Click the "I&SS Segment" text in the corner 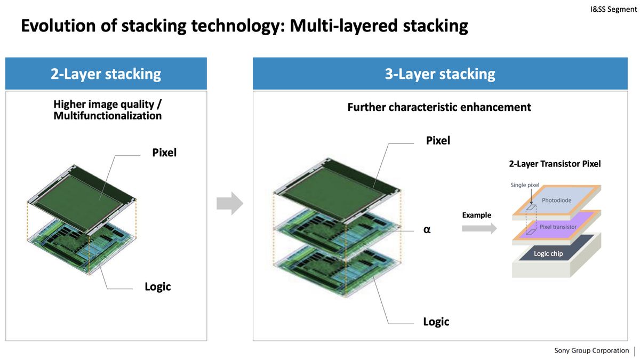click(x=613, y=9)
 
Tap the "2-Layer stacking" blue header click(x=106, y=74)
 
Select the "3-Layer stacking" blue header click(x=440, y=74)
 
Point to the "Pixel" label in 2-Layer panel click(x=164, y=153)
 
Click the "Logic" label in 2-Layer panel click(x=158, y=286)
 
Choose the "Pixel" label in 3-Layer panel click(x=438, y=141)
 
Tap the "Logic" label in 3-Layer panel click(x=436, y=322)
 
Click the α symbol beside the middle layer click(x=427, y=231)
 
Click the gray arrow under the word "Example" click(x=479, y=228)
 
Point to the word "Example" click(x=476, y=215)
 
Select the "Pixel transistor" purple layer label click(x=558, y=227)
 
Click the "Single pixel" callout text click(x=525, y=185)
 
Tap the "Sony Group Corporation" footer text click(x=591, y=350)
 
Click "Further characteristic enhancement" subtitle click(x=439, y=107)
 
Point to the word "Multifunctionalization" click(x=107, y=115)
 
